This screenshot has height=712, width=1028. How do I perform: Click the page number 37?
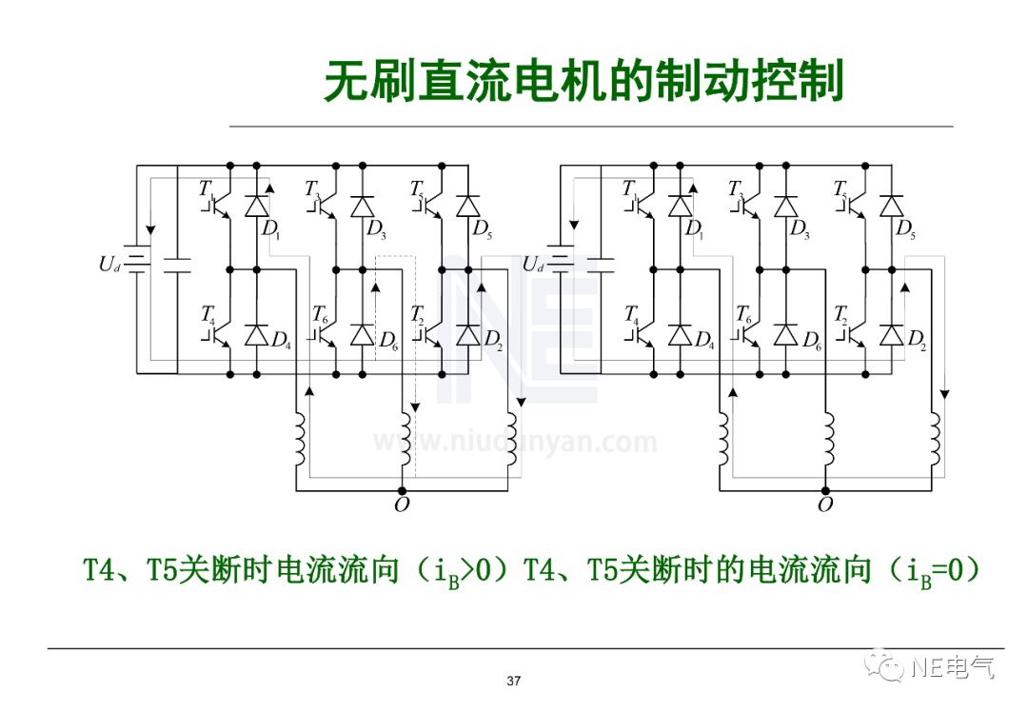514,681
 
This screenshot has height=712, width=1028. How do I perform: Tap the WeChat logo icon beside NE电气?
891,665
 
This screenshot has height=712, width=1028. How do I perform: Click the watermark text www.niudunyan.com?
514,443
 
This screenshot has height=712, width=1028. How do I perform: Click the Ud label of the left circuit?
109,264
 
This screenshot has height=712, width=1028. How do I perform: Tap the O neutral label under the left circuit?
401,504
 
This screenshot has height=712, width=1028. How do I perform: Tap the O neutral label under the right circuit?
824,504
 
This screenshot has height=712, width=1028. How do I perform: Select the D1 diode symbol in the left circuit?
256,206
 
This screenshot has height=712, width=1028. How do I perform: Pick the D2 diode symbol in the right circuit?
891,334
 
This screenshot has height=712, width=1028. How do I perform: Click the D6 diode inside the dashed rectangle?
362,334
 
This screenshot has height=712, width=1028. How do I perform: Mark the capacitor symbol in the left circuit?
177,264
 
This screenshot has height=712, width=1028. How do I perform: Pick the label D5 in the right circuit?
906,228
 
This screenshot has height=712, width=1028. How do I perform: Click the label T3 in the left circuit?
312,188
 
